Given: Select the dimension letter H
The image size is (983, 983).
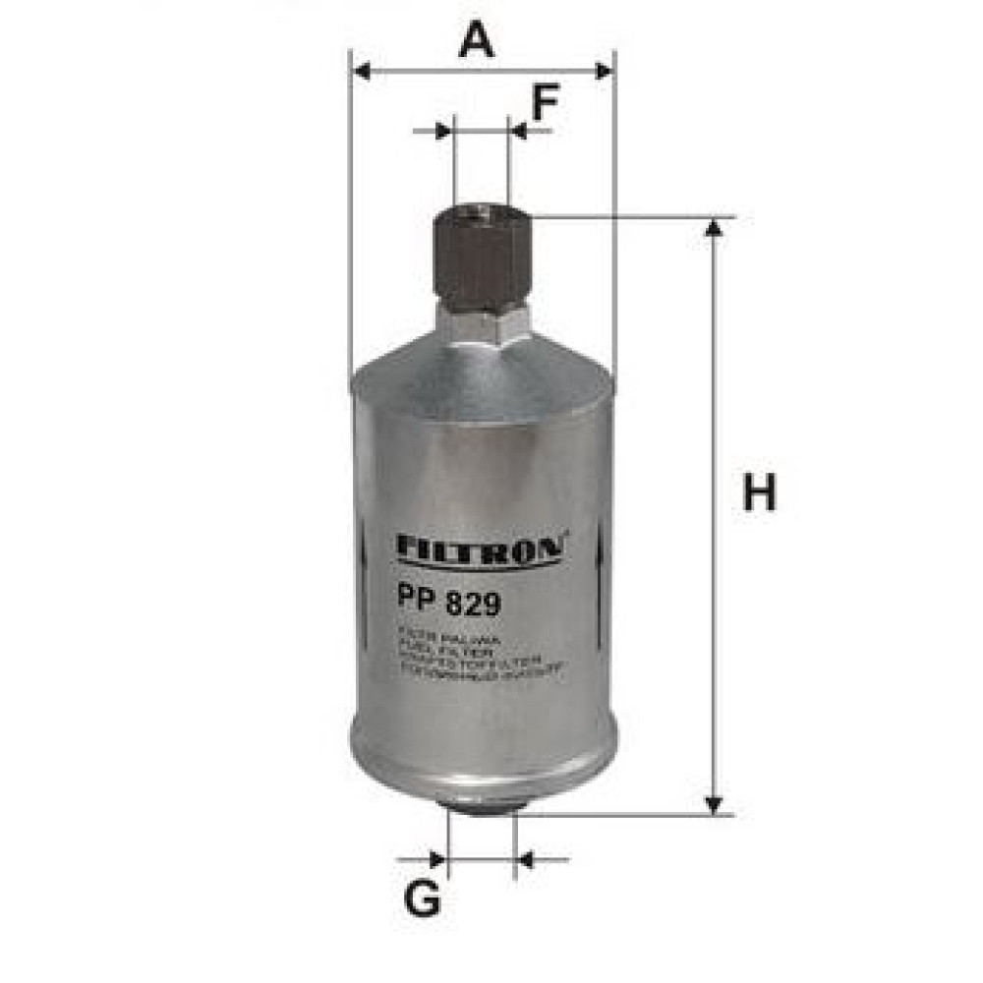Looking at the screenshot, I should [759, 493].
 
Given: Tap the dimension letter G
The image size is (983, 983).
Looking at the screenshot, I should [423, 899].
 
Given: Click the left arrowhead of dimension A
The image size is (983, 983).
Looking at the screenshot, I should [361, 71].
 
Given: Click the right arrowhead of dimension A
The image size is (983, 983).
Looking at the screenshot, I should [604, 71].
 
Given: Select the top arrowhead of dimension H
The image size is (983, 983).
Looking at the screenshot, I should [715, 228].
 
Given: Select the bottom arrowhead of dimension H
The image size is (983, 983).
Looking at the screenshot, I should [715, 804].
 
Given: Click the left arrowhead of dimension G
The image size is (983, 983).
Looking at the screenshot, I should [437, 860].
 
